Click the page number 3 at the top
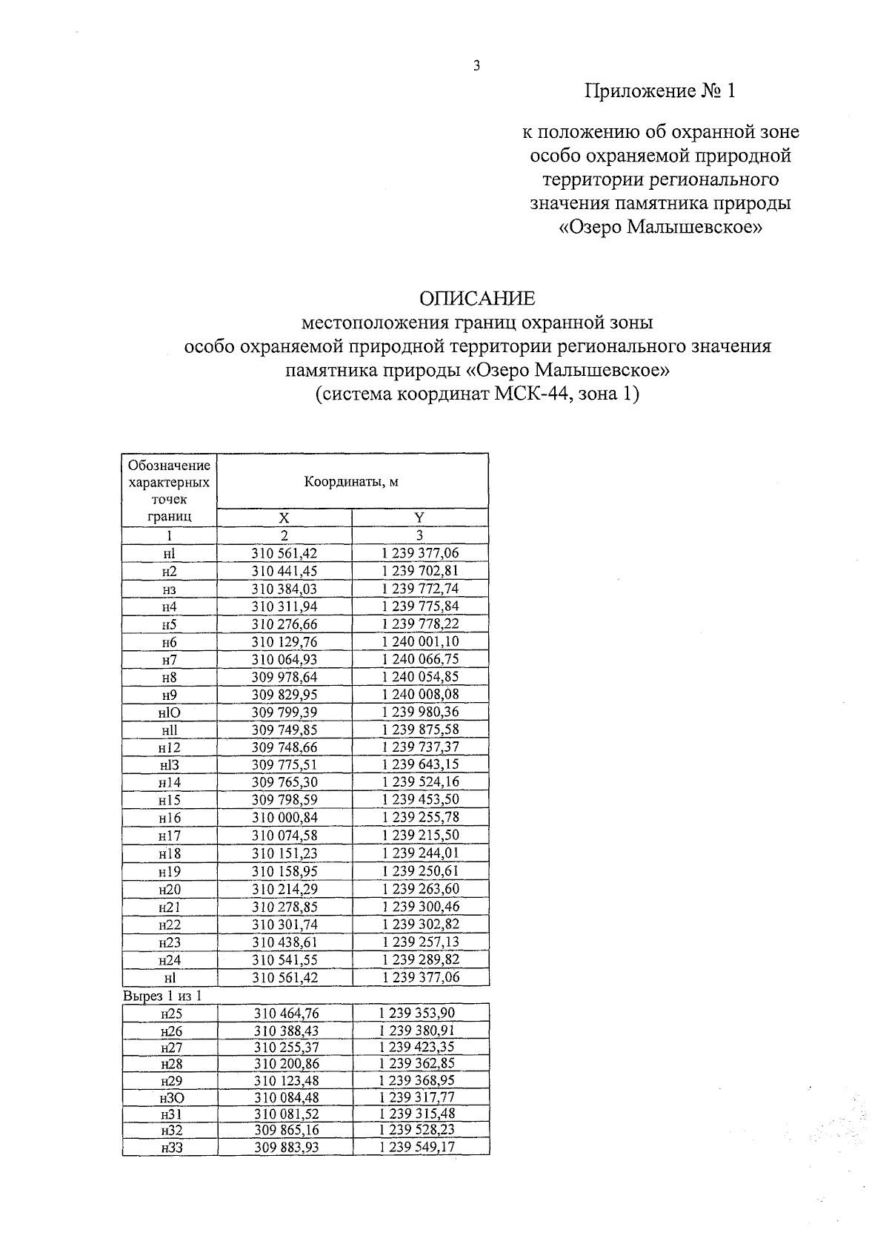coord(476,66)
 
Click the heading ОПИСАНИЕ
coord(476,298)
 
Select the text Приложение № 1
coord(660,91)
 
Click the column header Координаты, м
coord(352,482)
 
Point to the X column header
coord(284,517)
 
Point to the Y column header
coord(419,517)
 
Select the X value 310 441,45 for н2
coord(284,571)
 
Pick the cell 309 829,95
coord(284,695)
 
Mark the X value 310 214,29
coord(284,889)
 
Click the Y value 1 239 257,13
coord(420,942)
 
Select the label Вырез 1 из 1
coord(162,996)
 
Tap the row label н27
coord(170,1048)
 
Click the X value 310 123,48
coord(286,1081)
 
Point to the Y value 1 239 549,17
coord(417,1148)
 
